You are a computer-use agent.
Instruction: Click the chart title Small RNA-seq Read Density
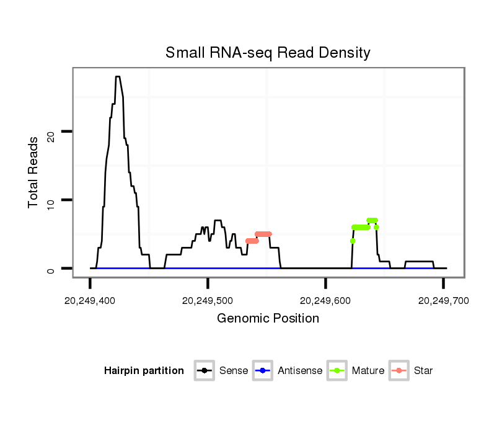(x=268, y=53)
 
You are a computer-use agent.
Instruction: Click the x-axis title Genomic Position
(x=268, y=319)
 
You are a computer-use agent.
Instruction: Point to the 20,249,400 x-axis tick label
(x=90, y=301)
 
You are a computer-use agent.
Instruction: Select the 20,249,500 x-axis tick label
(x=208, y=301)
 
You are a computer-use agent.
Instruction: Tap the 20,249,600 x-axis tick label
(x=325, y=301)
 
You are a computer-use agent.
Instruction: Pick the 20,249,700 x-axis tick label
(x=443, y=301)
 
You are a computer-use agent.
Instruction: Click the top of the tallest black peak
(x=117, y=77)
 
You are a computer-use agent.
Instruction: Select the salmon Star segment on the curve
(x=263, y=234)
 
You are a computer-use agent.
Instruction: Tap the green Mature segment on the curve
(x=361, y=227)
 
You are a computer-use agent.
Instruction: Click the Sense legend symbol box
(x=204, y=371)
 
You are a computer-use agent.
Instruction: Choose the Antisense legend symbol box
(x=263, y=371)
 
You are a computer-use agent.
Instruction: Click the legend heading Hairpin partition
(x=144, y=371)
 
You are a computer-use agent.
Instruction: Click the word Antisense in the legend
(x=300, y=371)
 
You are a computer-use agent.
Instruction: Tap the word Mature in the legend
(x=368, y=371)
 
